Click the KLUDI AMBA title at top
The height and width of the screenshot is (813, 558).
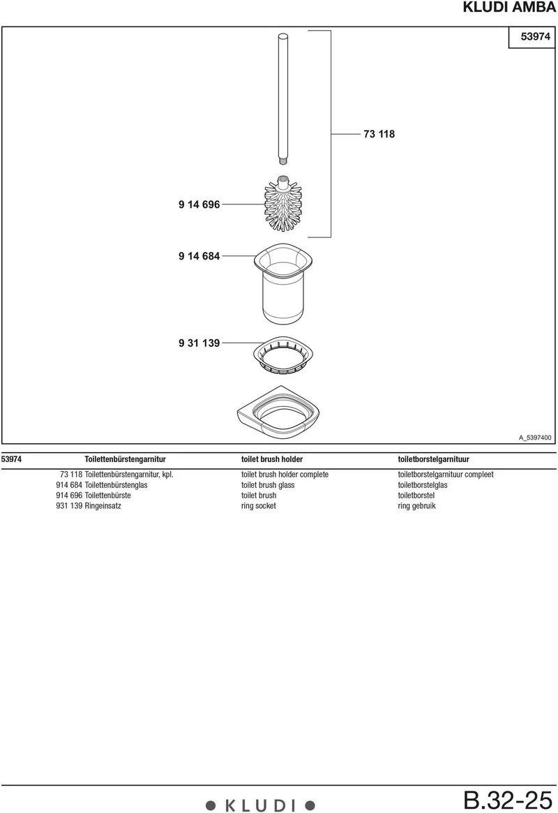[508, 7]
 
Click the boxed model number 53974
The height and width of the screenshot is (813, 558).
[535, 36]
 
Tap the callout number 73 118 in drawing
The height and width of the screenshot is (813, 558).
[379, 134]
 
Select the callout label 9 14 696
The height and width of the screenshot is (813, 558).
[199, 204]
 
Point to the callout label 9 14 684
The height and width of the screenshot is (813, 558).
[199, 255]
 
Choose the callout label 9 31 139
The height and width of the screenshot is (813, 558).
[199, 343]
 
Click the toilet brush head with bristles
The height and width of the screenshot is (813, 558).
[283, 204]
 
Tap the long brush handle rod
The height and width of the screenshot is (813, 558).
[283, 98]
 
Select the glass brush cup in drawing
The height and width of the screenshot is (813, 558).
[283, 283]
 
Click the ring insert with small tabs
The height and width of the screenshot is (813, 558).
[283, 355]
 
